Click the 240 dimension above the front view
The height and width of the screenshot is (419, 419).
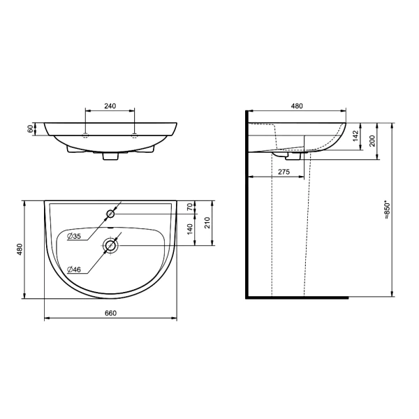[110, 106]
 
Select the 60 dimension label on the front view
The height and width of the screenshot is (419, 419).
[31, 128]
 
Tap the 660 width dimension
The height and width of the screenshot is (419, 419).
[110, 313]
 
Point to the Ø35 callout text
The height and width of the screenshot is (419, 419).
[74, 236]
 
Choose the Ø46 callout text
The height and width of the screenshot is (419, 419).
[74, 270]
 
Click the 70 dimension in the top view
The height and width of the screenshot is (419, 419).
[189, 207]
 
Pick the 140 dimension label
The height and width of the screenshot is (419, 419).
[189, 229]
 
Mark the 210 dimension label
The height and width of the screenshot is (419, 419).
[207, 223]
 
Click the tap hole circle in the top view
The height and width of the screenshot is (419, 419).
[110, 214]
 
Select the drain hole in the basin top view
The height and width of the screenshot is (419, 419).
[110, 245]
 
